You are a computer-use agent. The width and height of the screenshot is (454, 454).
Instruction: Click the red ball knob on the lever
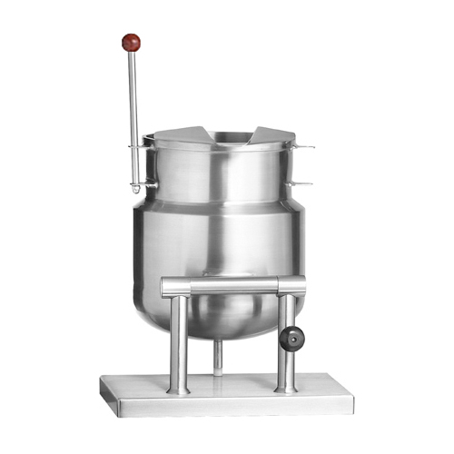click(133, 41)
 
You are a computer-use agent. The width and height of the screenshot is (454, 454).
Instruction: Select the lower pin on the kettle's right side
click(304, 183)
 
